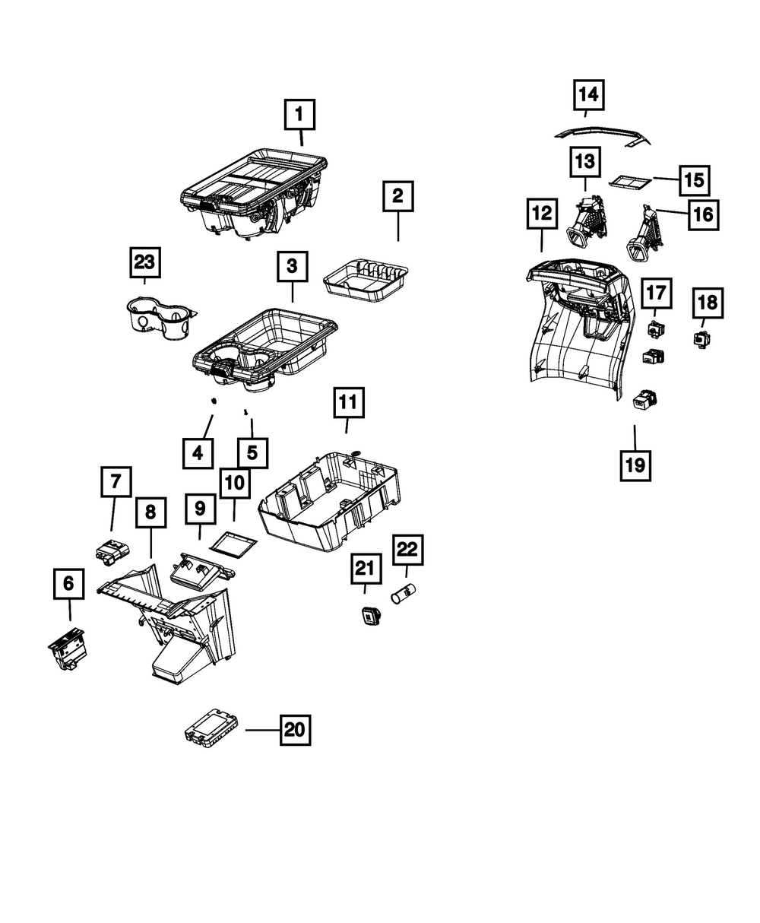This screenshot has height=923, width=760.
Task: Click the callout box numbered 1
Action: coord(299,115)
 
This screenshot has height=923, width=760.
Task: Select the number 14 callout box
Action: coord(588,94)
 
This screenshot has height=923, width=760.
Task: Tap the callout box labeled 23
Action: coord(145,262)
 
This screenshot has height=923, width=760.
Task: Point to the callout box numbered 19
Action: coord(635,465)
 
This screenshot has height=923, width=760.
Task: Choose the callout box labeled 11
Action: coord(349,403)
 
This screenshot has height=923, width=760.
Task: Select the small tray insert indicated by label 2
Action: coord(366,281)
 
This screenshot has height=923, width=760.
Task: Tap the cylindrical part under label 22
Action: coord(404,593)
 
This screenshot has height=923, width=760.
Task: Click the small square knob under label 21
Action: coord(369,615)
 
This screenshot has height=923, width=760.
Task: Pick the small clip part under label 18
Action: coord(701,340)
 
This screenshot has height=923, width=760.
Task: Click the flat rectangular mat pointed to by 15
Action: coord(631,182)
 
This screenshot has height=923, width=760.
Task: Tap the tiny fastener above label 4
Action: coord(214,401)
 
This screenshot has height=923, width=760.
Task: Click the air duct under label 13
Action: coord(587,221)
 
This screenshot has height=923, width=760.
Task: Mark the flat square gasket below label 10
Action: coord(233,546)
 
